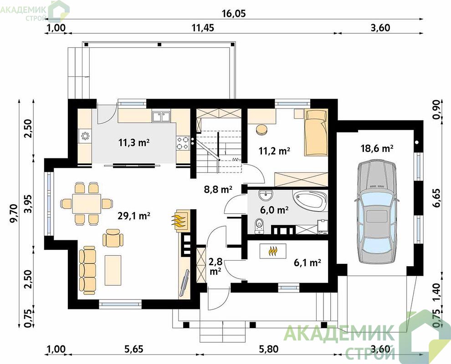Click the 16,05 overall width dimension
click(234, 14)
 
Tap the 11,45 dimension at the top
click(203, 28)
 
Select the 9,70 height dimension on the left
click(15, 213)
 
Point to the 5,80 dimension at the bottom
click(269, 349)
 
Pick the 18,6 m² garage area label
click(377, 148)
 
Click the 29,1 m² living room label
click(134, 216)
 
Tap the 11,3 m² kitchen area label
click(134, 142)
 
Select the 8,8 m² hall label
click(218, 189)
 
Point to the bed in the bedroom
click(316, 133)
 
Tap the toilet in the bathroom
click(259, 226)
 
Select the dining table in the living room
click(87, 203)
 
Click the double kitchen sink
click(161, 117)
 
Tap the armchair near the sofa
click(113, 238)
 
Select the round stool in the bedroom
click(262, 129)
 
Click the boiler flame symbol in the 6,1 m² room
click(273, 251)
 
